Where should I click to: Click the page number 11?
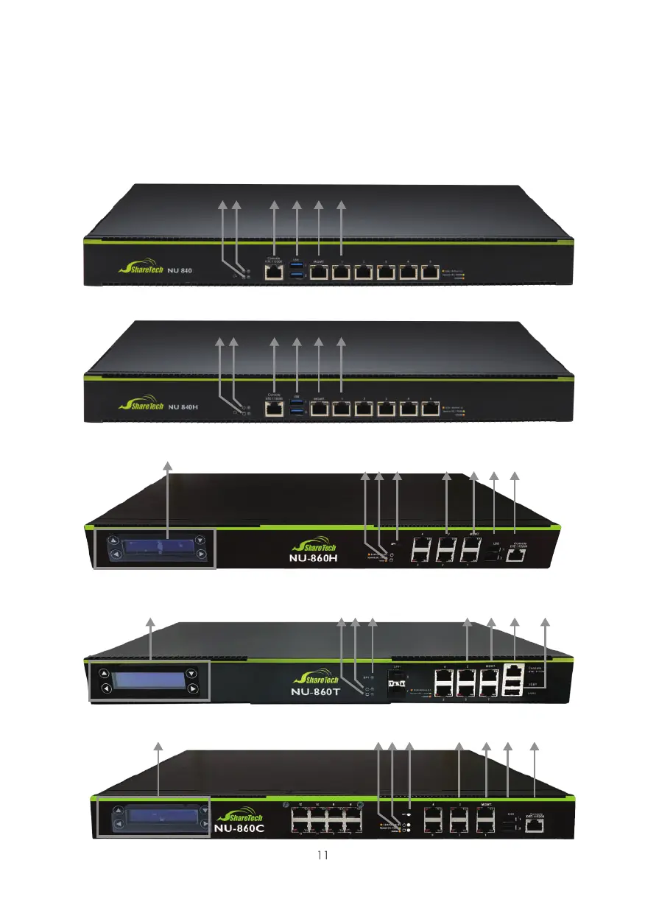click(322, 855)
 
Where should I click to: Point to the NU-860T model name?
click(315, 692)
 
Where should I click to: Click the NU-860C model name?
click(239, 827)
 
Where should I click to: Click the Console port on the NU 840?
click(274, 272)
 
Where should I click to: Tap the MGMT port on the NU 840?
click(319, 272)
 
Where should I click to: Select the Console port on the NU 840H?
click(274, 409)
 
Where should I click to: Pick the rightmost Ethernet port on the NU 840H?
click(429, 409)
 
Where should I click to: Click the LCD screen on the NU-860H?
click(156, 547)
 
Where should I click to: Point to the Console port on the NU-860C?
click(535, 825)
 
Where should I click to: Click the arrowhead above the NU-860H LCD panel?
click(168, 465)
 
